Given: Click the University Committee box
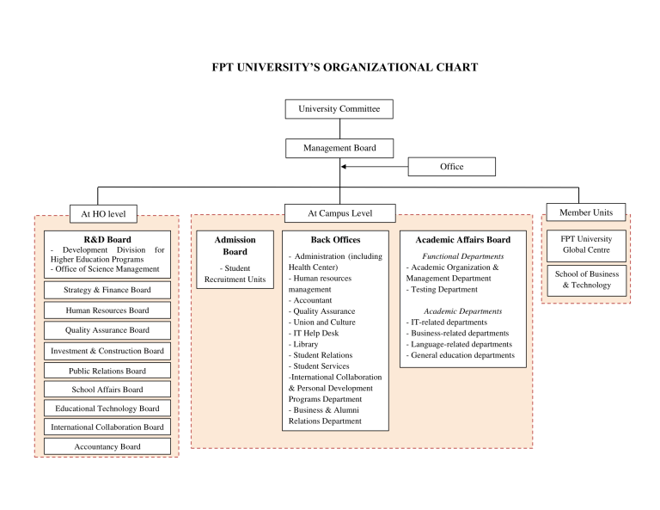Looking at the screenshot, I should coord(339,109).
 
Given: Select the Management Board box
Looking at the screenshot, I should coord(339,148).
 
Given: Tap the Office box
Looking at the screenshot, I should coord(451,167).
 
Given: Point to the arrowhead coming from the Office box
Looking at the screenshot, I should coord(345,167).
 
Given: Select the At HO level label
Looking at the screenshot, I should coord(103,213).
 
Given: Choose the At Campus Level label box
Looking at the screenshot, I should coord(339,213).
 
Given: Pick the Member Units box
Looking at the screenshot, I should coord(585,212).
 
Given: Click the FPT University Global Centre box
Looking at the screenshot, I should coord(586,244).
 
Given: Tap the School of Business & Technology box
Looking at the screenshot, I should coord(586,280).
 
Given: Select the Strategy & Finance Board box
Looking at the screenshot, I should coord(107,290).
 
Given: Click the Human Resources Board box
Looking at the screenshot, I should coord(107,310).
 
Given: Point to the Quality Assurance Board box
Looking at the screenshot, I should coord(107,330).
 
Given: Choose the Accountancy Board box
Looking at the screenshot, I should coord(107,446).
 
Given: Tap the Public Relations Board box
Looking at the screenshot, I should coord(107,371).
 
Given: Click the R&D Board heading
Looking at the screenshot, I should coord(107,239).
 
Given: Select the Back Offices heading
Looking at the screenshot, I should coord(335,240).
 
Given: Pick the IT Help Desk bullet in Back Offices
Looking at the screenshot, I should coord(315,333).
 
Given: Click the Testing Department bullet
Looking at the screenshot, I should coord(444,290).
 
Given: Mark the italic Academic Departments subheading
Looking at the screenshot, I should coord(462,311).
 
